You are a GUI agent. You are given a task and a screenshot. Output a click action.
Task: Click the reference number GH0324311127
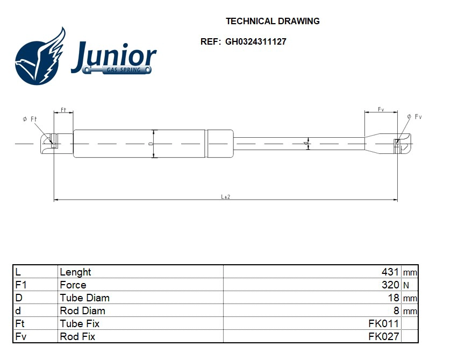[x=255, y=41]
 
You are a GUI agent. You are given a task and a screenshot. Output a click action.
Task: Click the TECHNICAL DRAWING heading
[x=273, y=22]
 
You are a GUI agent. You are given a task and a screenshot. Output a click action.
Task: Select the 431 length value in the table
[x=390, y=272]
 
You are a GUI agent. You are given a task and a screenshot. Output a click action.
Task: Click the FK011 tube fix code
[x=383, y=324]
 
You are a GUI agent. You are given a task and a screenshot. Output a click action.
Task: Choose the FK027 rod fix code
[x=383, y=337]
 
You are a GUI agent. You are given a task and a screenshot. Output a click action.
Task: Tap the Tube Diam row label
[x=84, y=298]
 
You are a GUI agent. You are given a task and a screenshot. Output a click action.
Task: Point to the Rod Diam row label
[x=82, y=311]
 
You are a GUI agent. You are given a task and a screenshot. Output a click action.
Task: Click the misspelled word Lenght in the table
[x=75, y=272]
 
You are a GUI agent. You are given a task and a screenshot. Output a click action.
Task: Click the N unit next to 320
[x=406, y=286]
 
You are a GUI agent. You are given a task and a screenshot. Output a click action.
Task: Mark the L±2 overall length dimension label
[x=226, y=197]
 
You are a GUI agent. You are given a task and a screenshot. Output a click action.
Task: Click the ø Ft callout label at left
[x=29, y=119]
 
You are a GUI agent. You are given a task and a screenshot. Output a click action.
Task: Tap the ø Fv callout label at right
[x=414, y=117]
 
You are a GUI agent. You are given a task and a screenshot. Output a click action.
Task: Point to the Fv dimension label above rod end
[x=381, y=109]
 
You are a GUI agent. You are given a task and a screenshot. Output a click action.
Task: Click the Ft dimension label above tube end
[x=63, y=109]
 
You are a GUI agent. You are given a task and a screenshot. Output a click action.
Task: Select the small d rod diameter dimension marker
[x=306, y=144]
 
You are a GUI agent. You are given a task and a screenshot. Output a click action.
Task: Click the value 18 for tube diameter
[x=394, y=298]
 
